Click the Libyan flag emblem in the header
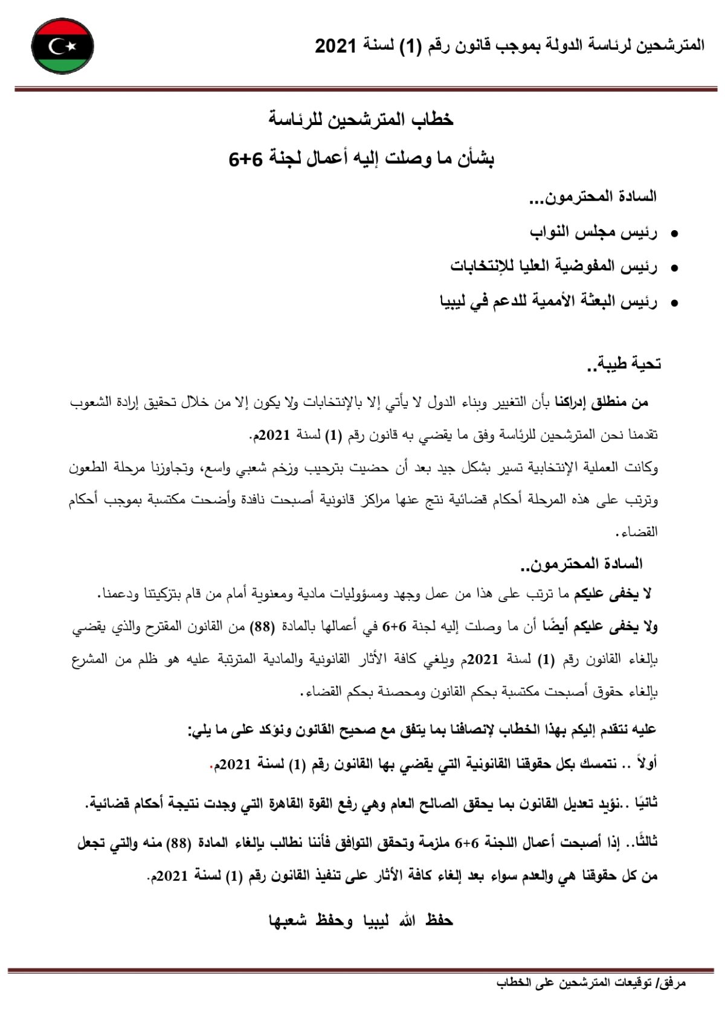[62, 46]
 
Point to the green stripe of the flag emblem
[62, 64]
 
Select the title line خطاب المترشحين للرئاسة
[361, 120]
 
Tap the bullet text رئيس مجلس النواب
[593, 232]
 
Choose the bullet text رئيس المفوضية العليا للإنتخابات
[554, 266]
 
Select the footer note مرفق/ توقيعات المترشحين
[591, 983]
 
